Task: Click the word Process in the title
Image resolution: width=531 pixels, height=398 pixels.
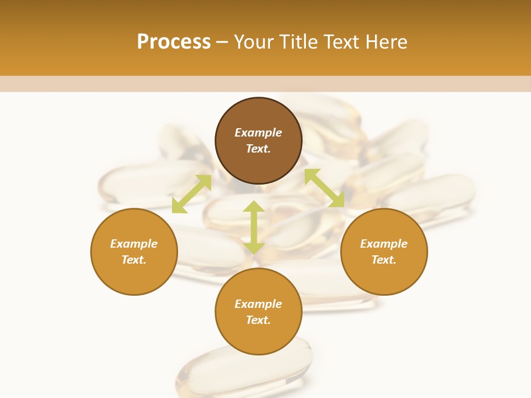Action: point(174,42)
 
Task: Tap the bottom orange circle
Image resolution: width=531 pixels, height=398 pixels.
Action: point(258,337)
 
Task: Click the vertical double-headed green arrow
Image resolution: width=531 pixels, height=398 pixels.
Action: point(254,227)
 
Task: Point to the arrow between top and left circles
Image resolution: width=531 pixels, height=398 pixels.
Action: point(191,193)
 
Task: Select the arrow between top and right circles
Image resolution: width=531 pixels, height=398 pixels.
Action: point(324,188)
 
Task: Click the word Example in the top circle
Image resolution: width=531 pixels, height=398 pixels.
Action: point(258,133)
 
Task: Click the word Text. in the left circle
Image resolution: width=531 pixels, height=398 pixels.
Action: point(134,260)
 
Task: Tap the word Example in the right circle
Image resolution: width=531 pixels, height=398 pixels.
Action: point(384,244)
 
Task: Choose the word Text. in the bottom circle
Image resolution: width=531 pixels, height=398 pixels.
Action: point(258,320)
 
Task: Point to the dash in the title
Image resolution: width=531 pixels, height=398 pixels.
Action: point(222,42)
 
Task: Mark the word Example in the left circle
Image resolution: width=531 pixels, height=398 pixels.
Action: point(134,244)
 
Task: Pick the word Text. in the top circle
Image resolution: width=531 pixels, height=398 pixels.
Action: point(258,149)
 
